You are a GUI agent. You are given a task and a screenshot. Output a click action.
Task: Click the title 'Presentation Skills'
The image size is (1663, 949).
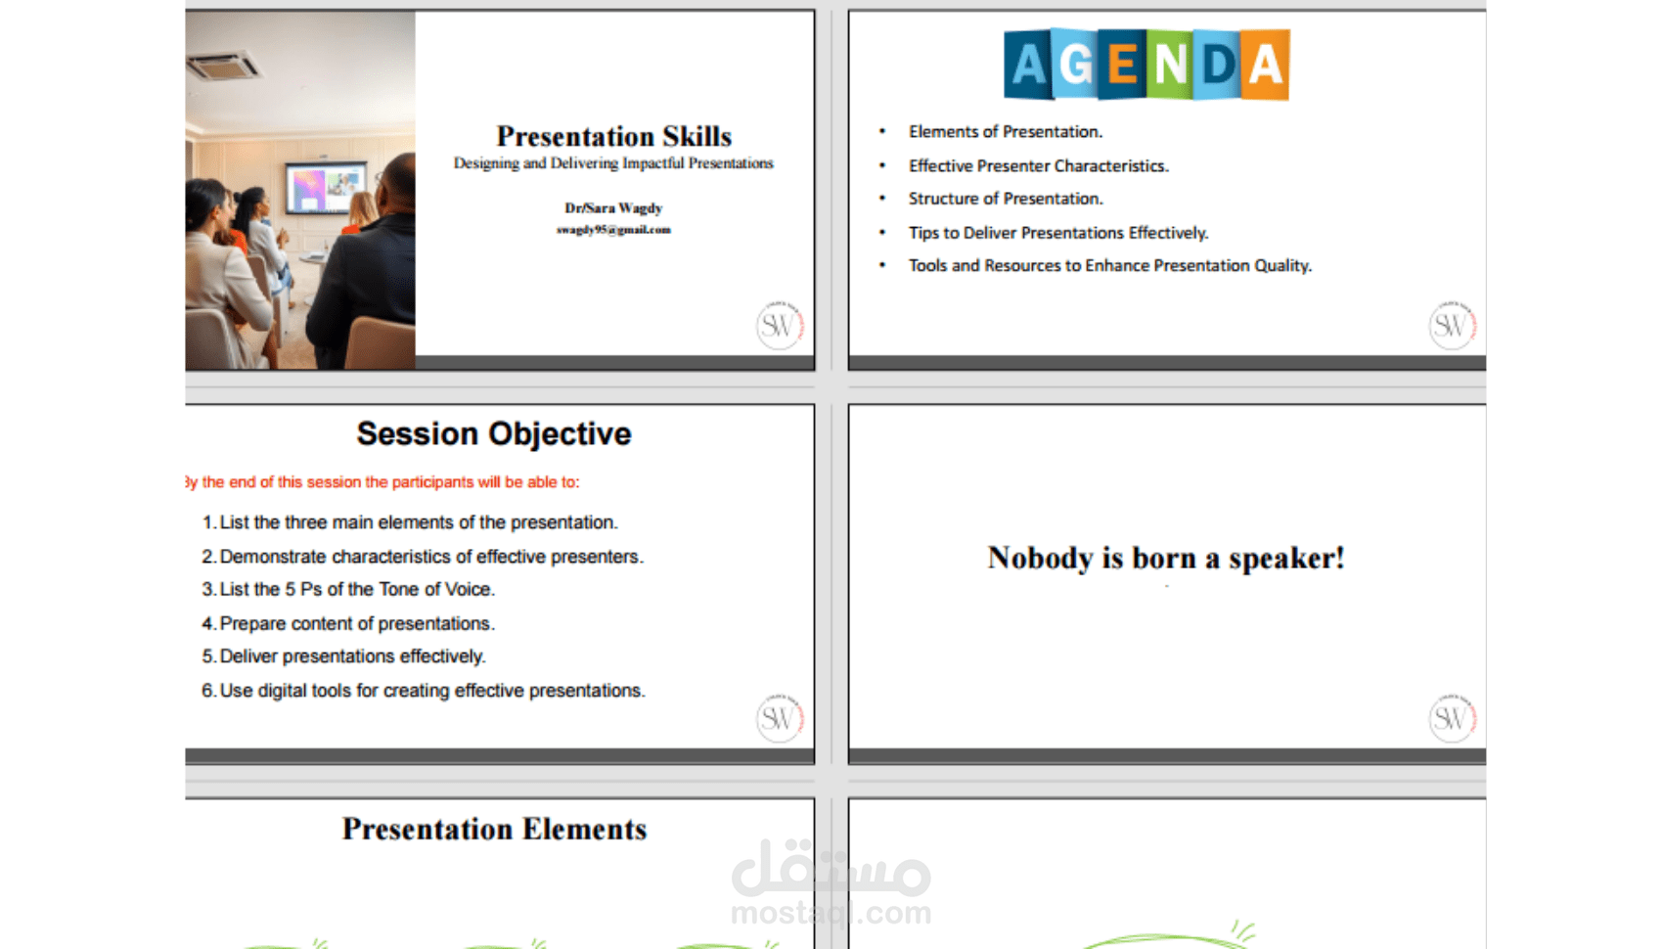tap(614, 137)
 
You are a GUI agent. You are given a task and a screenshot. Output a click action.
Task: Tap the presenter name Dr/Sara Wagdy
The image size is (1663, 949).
tap(613, 208)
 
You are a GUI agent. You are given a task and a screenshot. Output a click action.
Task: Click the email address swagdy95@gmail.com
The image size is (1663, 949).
tap(613, 230)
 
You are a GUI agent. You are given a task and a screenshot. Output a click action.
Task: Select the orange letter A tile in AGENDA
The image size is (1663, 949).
tap(1265, 65)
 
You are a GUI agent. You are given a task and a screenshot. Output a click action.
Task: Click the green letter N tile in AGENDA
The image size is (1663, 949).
tap(1170, 65)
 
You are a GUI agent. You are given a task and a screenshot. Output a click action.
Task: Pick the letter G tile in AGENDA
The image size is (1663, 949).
tap(1074, 65)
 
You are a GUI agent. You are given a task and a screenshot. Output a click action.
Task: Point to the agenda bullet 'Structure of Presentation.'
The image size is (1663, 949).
tap(1006, 199)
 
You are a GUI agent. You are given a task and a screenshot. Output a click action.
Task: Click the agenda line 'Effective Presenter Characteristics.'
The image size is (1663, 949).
tap(1039, 165)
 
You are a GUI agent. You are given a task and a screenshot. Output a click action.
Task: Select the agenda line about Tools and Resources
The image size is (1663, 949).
tap(1110, 266)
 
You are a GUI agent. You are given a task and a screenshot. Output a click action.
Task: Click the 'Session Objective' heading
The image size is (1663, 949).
tap(494, 433)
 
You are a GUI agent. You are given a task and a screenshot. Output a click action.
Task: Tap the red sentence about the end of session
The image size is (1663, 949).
tap(382, 482)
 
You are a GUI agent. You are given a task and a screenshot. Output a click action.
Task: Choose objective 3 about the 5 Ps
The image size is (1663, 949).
tap(348, 590)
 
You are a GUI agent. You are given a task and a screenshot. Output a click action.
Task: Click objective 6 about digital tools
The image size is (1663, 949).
tap(424, 691)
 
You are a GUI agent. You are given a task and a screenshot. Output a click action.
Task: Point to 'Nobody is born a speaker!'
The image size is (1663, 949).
tap(1166, 559)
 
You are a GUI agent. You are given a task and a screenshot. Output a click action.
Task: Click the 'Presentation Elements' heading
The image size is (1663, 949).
tap(494, 830)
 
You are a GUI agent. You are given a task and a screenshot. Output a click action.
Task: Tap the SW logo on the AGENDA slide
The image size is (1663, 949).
tap(1452, 325)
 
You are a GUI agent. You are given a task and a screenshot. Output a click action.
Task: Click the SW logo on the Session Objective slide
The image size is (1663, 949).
tap(780, 718)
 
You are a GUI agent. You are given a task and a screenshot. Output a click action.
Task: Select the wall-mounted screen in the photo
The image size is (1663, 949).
tap(326, 186)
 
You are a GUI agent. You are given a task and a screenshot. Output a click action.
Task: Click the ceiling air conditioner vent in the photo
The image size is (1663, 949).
tap(223, 67)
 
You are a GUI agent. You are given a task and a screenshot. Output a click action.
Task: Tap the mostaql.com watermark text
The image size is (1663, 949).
tap(831, 913)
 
